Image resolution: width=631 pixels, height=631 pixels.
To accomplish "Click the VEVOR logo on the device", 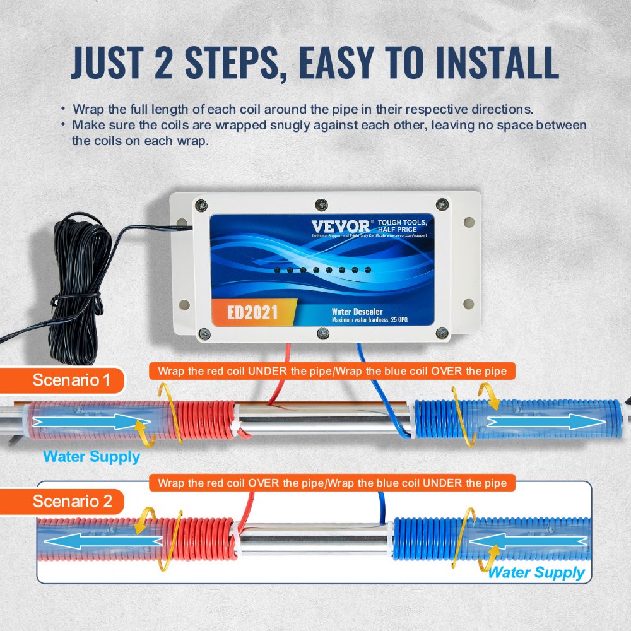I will (338, 226).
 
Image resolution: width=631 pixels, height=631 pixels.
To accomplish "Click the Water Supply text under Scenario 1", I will (91, 456).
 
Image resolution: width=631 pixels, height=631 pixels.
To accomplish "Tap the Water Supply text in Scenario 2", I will (537, 572).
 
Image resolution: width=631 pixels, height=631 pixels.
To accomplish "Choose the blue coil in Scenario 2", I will (429, 540).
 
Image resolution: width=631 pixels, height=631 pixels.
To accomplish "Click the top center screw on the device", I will (321, 204).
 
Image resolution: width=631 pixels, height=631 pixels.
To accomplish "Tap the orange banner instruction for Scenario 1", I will (332, 371).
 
